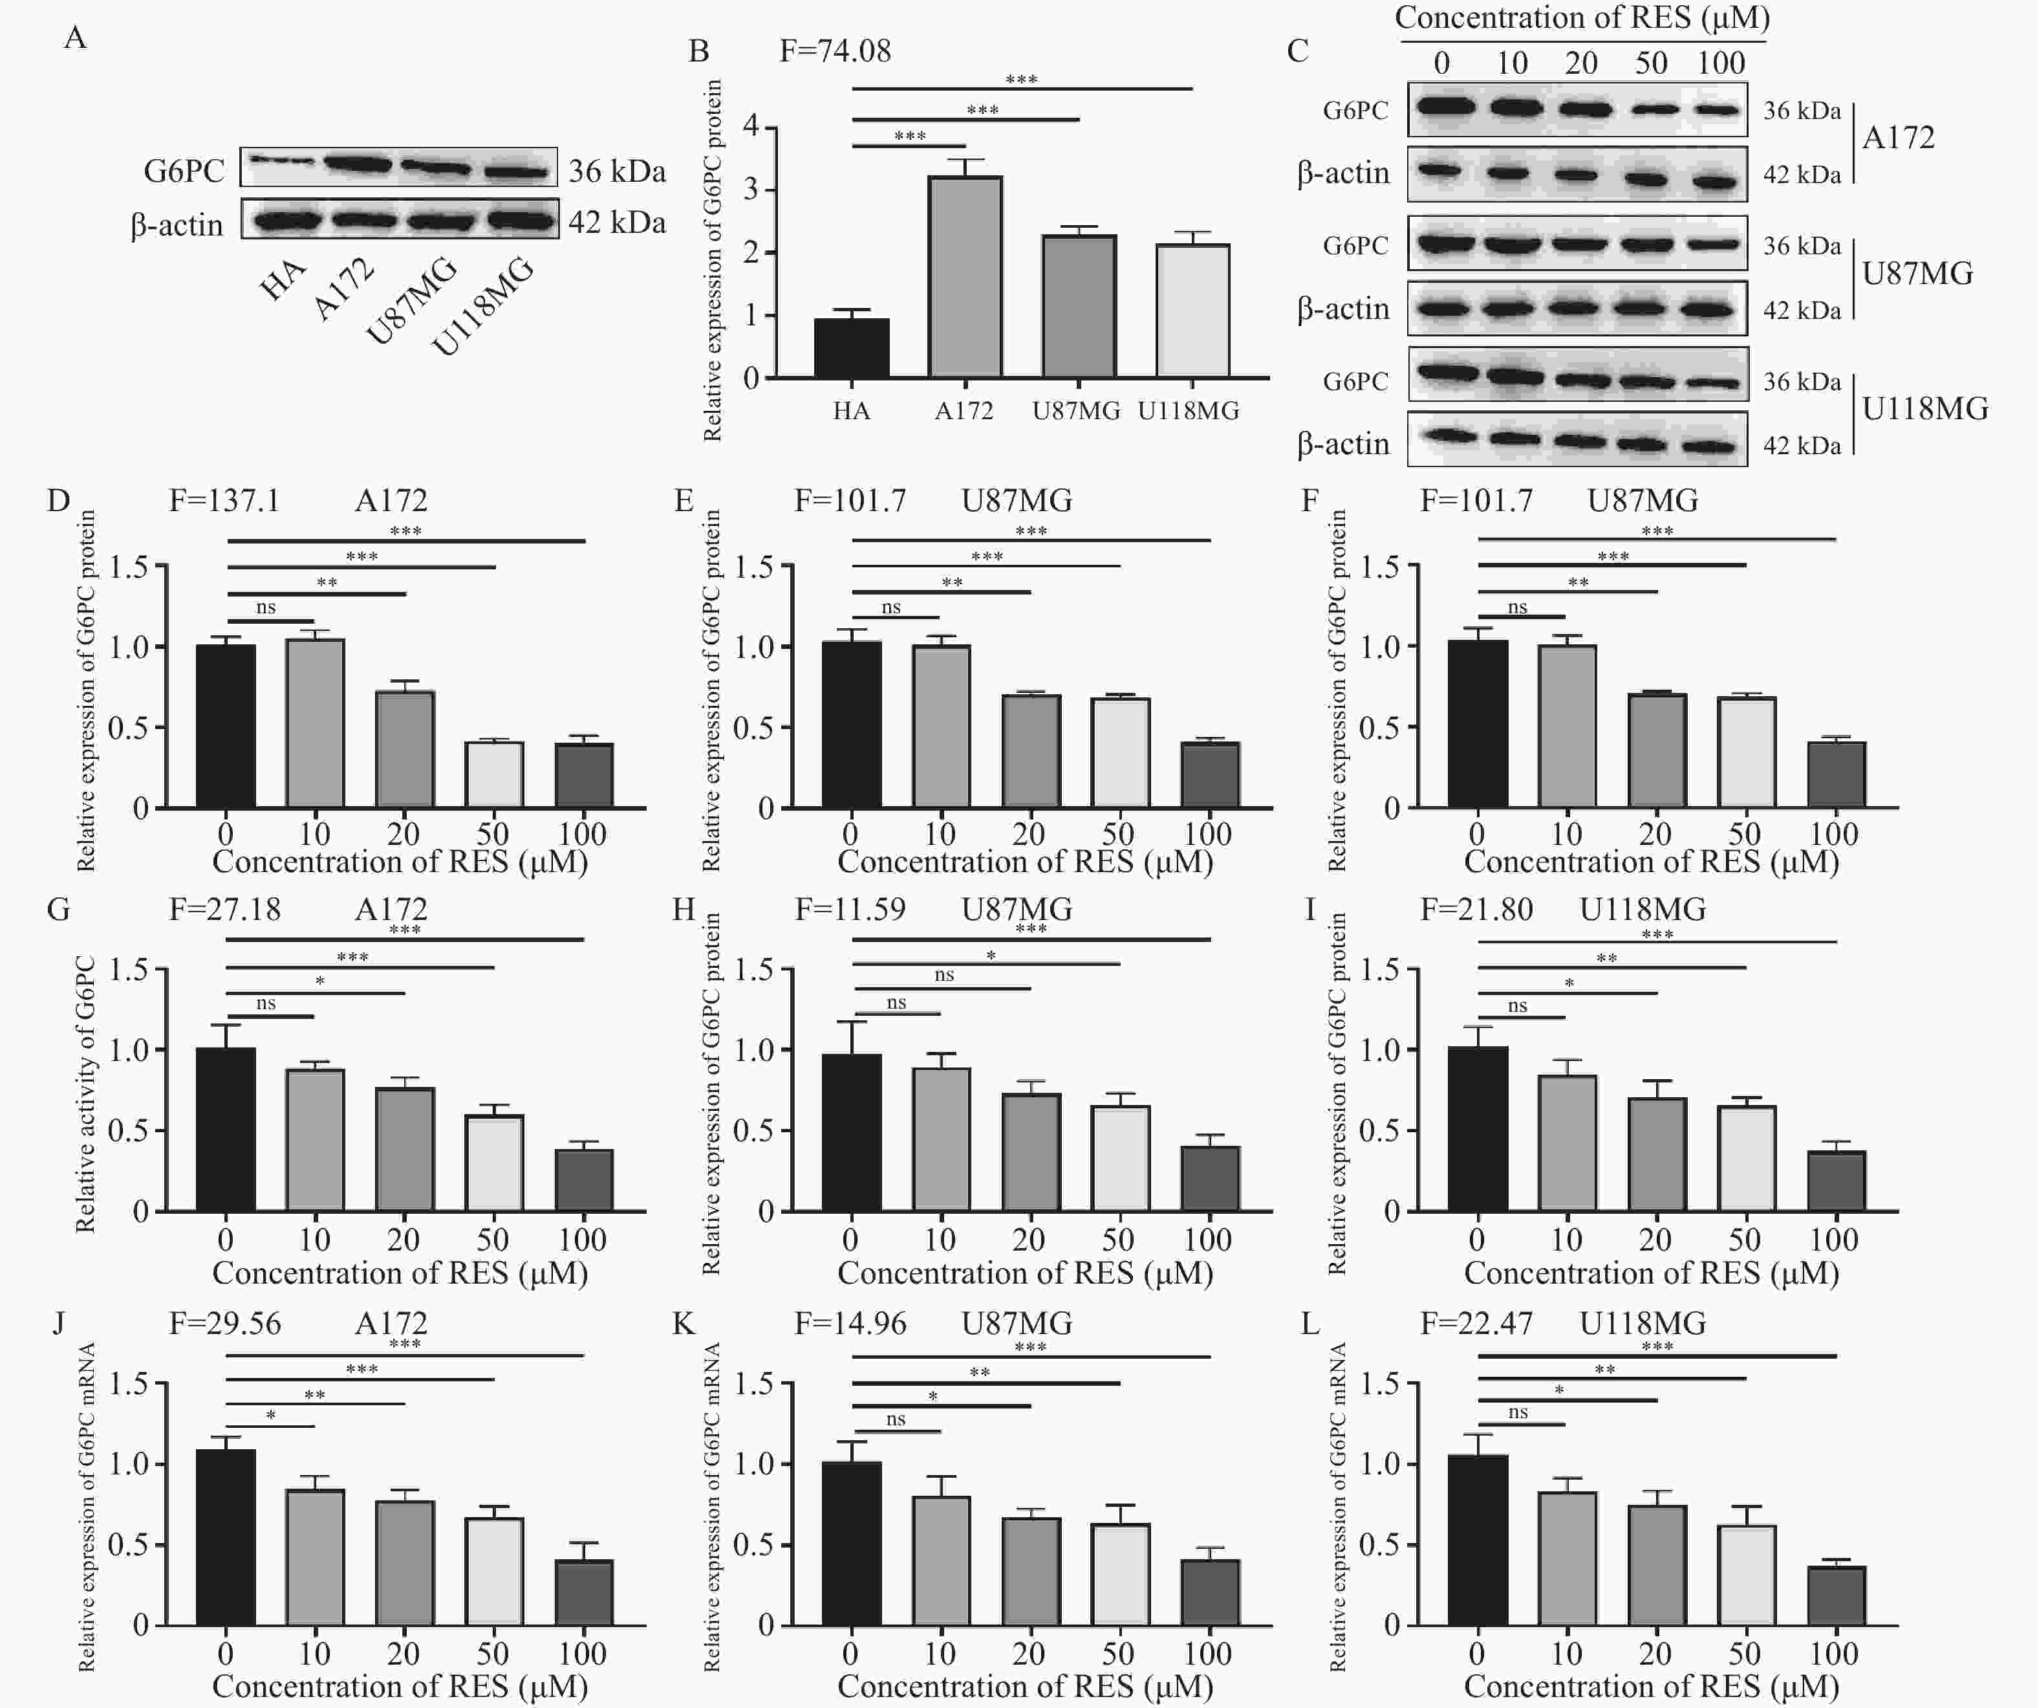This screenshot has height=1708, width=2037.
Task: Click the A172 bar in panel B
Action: coord(965,277)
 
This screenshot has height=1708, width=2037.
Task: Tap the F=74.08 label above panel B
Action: coord(835,50)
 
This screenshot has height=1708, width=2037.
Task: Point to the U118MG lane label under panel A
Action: coord(483,305)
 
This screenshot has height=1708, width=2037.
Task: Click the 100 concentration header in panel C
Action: coord(1721,64)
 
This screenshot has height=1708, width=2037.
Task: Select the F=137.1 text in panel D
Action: coord(224,501)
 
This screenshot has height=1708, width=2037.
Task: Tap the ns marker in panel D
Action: coord(266,608)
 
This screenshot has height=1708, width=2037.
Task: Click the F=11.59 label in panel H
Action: coord(850,910)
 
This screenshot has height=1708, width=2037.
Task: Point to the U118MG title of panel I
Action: coord(1643,910)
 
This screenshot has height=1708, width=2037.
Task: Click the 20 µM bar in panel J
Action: coord(405,1562)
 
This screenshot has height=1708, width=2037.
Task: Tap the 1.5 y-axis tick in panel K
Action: coord(753,1383)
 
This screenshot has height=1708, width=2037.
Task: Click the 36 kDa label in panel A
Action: coord(617,172)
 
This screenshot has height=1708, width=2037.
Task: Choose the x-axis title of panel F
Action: coord(1651,862)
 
